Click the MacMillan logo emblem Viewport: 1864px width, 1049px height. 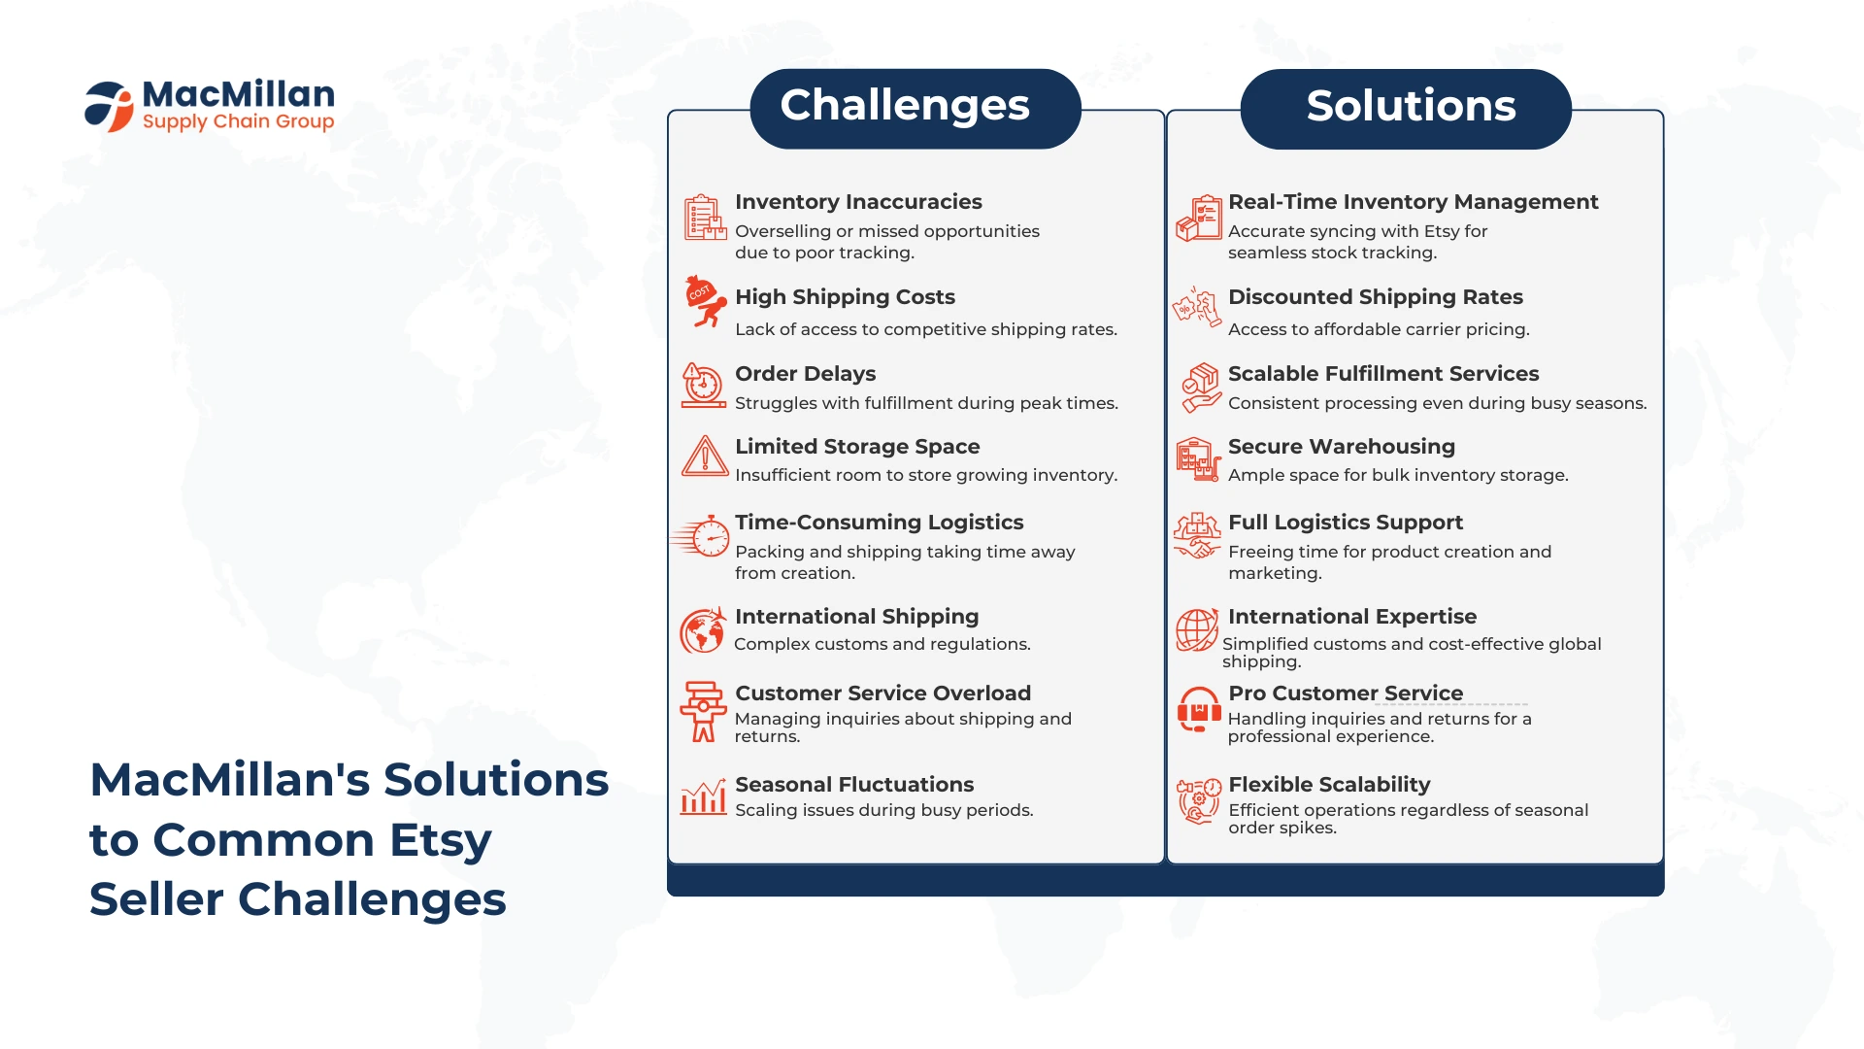109,106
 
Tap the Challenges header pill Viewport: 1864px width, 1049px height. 915,108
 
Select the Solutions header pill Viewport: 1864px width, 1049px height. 1406,108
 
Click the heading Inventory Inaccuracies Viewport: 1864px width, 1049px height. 858,201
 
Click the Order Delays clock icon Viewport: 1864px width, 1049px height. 703,386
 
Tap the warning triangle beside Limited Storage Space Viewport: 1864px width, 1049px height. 705,456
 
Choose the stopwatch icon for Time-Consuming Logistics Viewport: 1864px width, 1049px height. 701,535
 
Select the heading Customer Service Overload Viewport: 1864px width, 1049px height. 882,693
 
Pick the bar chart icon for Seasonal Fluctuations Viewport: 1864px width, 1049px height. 704,797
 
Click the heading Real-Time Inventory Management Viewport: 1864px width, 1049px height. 1413,201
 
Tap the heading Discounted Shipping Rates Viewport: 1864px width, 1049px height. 1375,296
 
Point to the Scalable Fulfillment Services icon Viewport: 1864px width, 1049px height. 1201,388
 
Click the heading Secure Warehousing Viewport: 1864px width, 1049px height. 1341,446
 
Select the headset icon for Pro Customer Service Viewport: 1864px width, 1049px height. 1199,709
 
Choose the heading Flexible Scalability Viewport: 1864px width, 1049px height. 1329,784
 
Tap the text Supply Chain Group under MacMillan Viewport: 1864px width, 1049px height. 238,122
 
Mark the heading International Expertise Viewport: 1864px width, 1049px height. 1351,616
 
